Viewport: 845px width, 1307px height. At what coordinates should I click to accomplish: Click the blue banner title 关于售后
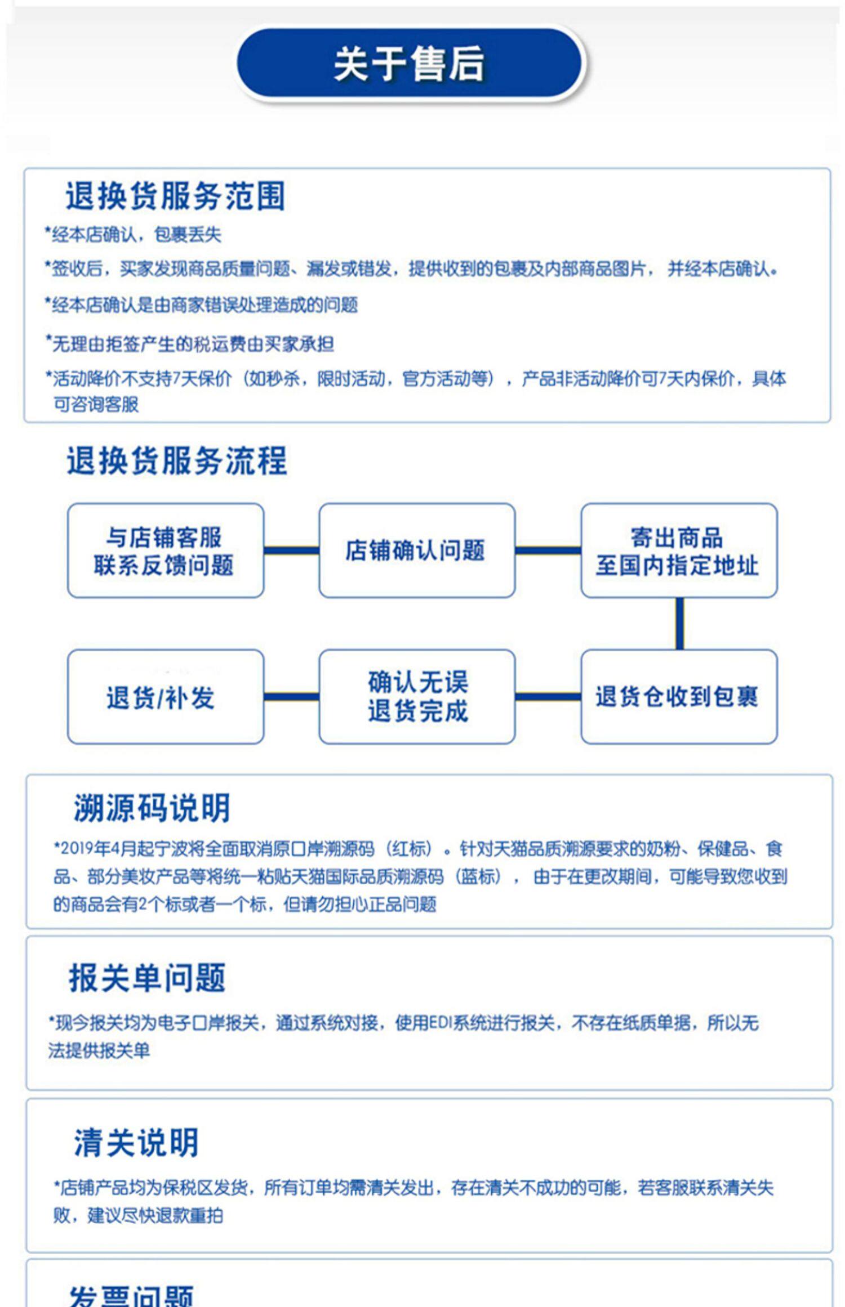(x=410, y=64)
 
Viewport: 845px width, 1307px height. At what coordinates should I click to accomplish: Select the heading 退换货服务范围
(x=175, y=196)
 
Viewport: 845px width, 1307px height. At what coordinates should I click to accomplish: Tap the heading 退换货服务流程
(x=177, y=461)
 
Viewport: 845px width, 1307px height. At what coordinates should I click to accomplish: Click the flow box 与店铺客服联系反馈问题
(x=165, y=550)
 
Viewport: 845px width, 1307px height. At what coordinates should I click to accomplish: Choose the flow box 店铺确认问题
(x=416, y=550)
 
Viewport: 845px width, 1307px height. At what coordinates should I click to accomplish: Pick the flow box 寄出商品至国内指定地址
(x=678, y=550)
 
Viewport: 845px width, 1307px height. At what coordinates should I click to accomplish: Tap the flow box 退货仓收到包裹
(x=678, y=697)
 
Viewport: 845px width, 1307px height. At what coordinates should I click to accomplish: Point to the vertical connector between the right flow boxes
(x=679, y=624)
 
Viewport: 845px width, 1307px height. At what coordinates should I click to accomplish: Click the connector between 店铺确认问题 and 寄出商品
(x=548, y=550)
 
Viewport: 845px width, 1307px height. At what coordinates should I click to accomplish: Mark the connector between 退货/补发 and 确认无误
(x=291, y=697)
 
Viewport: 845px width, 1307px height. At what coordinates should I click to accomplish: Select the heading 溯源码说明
(x=152, y=808)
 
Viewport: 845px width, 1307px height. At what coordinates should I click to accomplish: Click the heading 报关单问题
(x=147, y=978)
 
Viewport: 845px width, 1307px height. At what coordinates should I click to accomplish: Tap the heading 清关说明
(x=136, y=1142)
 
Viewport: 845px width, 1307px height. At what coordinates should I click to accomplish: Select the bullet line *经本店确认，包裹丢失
(x=134, y=234)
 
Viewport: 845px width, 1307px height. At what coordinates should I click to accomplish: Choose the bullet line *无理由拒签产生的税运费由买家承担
(x=190, y=343)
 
